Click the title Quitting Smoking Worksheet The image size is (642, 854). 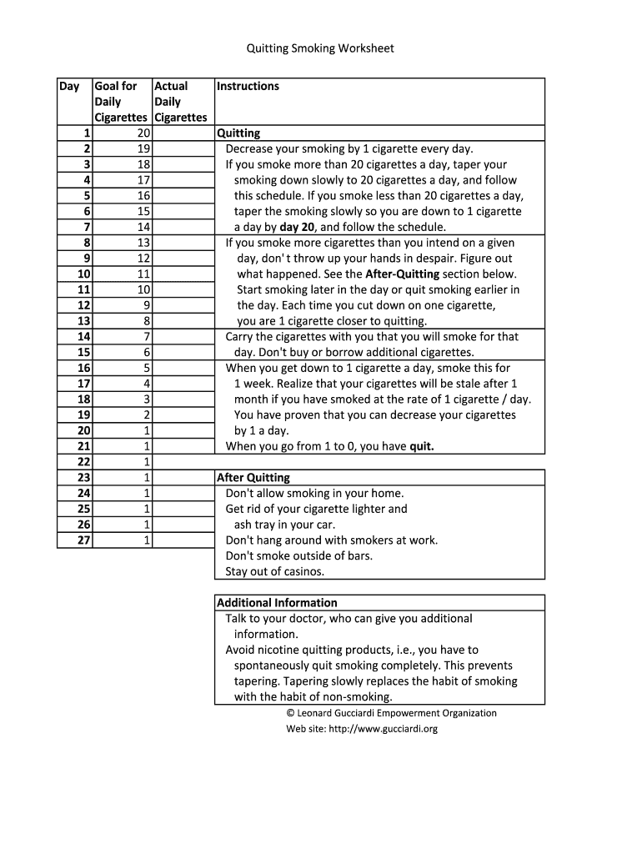tap(319, 48)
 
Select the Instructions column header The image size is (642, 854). tap(248, 86)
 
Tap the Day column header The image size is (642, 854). tap(69, 86)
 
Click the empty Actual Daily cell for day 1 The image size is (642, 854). tap(181, 133)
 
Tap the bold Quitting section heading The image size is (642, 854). tap(238, 133)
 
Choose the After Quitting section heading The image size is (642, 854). tap(253, 478)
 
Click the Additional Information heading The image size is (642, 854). tap(277, 603)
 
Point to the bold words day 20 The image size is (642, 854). tap(298, 227)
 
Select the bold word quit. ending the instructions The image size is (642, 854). tap(421, 446)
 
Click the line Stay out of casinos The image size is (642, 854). tap(275, 571)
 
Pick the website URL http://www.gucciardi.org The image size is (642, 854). tap(383, 728)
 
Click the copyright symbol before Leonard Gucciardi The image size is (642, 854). tap(291, 713)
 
